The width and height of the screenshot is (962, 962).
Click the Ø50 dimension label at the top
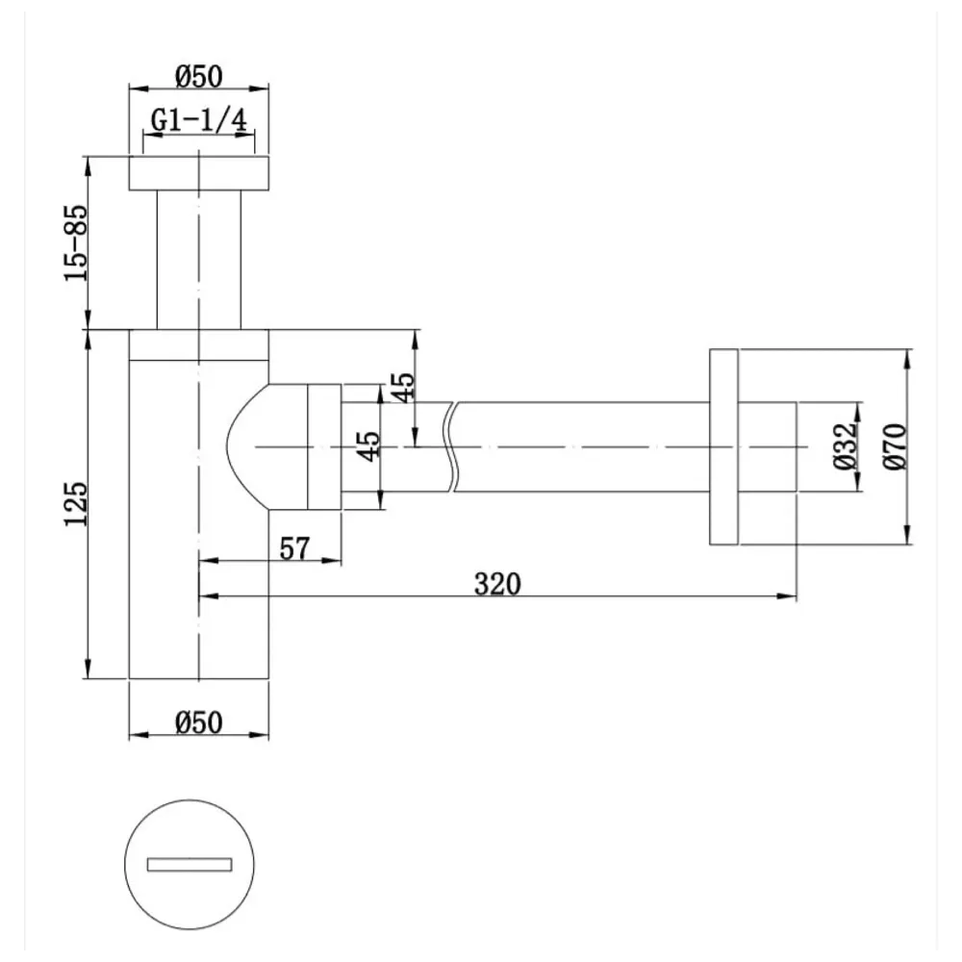[199, 74]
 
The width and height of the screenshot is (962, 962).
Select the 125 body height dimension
[76, 502]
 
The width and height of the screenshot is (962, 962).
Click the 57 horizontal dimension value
[294, 548]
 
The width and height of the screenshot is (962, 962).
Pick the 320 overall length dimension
[496, 584]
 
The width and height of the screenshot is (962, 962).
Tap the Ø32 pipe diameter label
[844, 446]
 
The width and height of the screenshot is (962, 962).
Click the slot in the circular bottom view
[190, 864]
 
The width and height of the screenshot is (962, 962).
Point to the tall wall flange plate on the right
[723, 446]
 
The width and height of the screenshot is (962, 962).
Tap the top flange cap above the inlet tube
[199, 172]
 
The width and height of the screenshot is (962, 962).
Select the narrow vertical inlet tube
[199, 260]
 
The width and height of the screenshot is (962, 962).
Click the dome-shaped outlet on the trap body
[265, 446]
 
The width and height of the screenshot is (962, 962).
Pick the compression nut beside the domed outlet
[323, 446]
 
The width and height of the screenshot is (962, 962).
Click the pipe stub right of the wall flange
[767, 446]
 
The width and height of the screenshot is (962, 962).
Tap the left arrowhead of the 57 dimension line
[205, 560]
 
